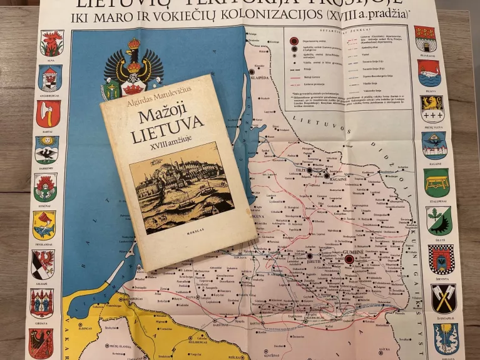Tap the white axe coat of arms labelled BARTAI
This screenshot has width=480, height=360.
tap(48, 113)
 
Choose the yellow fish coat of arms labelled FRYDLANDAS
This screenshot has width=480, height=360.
tap(44, 224)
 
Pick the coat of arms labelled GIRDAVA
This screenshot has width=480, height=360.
tap(41, 302)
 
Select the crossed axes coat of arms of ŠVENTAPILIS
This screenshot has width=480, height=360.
tap(443, 298)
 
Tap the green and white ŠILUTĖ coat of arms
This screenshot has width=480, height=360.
tap(439, 220)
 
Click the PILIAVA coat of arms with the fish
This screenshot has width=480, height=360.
tap(429, 72)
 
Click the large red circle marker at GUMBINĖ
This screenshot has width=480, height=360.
tap(349, 259)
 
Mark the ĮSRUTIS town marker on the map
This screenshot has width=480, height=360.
tap(309, 256)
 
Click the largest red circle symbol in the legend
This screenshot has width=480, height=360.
tap(293, 41)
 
